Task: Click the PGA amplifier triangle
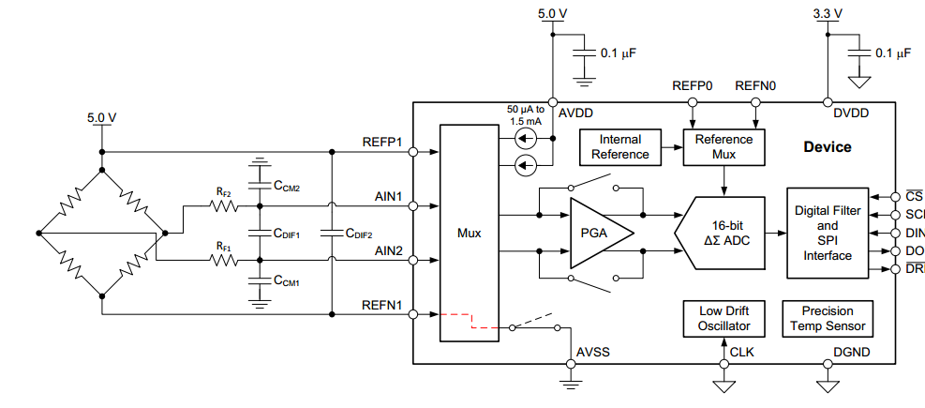click(596, 232)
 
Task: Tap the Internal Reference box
click(619, 147)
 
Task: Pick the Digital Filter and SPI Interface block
click(827, 232)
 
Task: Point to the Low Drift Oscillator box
click(724, 319)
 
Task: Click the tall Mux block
click(469, 233)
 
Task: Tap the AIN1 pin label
click(387, 197)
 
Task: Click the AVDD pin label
click(574, 113)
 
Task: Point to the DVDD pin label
click(851, 113)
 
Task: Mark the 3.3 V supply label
click(828, 14)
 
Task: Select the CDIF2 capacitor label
click(359, 234)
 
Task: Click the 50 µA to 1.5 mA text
click(526, 115)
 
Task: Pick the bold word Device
click(827, 147)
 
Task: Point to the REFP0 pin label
click(692, 86)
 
